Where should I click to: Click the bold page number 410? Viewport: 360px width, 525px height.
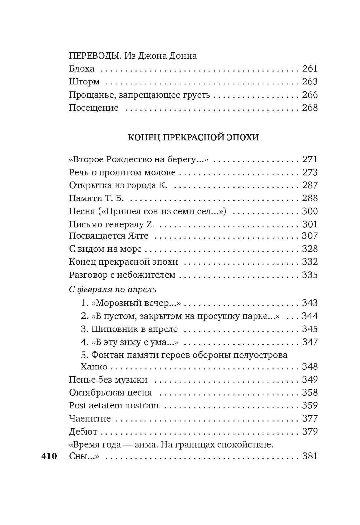click(x=49, y=456)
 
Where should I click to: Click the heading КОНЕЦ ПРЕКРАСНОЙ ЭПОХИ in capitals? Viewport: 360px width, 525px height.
click(x=193, y=137)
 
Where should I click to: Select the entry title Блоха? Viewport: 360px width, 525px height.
click(x=81, y=69)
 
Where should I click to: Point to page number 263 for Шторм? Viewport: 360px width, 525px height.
click(x=310, y=82)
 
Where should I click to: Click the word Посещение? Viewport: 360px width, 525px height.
click(x=94, y=108)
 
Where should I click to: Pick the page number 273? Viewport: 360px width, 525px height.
click(x=310, y=172)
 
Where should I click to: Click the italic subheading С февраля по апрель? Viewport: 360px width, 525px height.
click(x=113, y=289)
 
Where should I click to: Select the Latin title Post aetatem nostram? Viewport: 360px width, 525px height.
click(x=114, y=405)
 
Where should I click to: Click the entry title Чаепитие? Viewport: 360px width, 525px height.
click(x=90, y=419)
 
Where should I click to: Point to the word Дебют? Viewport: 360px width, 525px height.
click(x=83, y=432)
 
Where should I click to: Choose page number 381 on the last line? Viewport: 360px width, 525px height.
click(x=310, y=456)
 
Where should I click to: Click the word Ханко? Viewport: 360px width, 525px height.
click(x=94, y=366)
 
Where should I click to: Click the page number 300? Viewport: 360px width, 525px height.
click(x=310, y=211)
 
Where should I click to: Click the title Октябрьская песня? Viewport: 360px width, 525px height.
click(x=110, y=392)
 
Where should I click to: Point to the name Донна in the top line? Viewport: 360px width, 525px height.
click(x=182, y=56)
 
